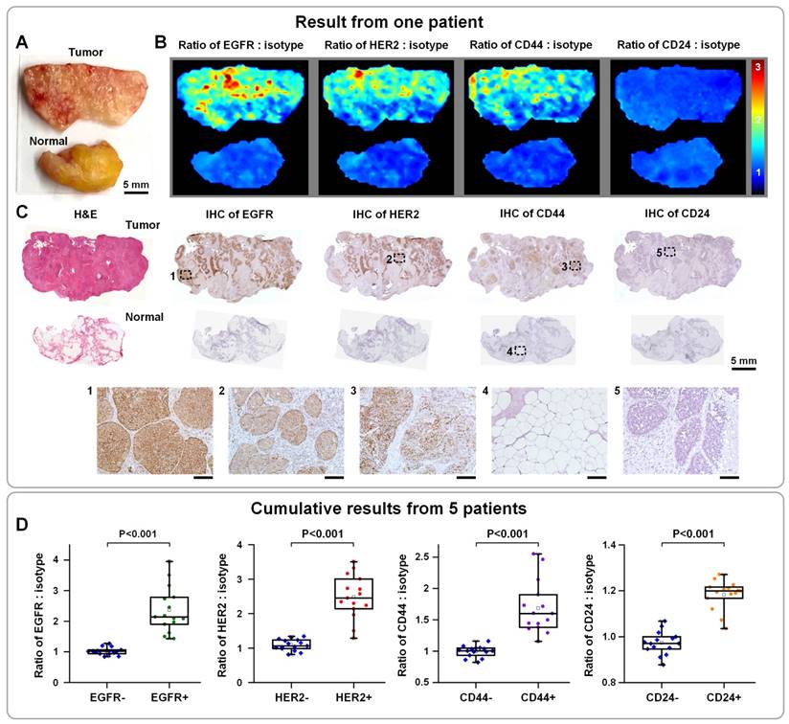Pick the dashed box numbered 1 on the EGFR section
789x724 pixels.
click(x=186, y=274)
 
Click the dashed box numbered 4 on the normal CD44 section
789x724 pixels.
click(x=519, y=351)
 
